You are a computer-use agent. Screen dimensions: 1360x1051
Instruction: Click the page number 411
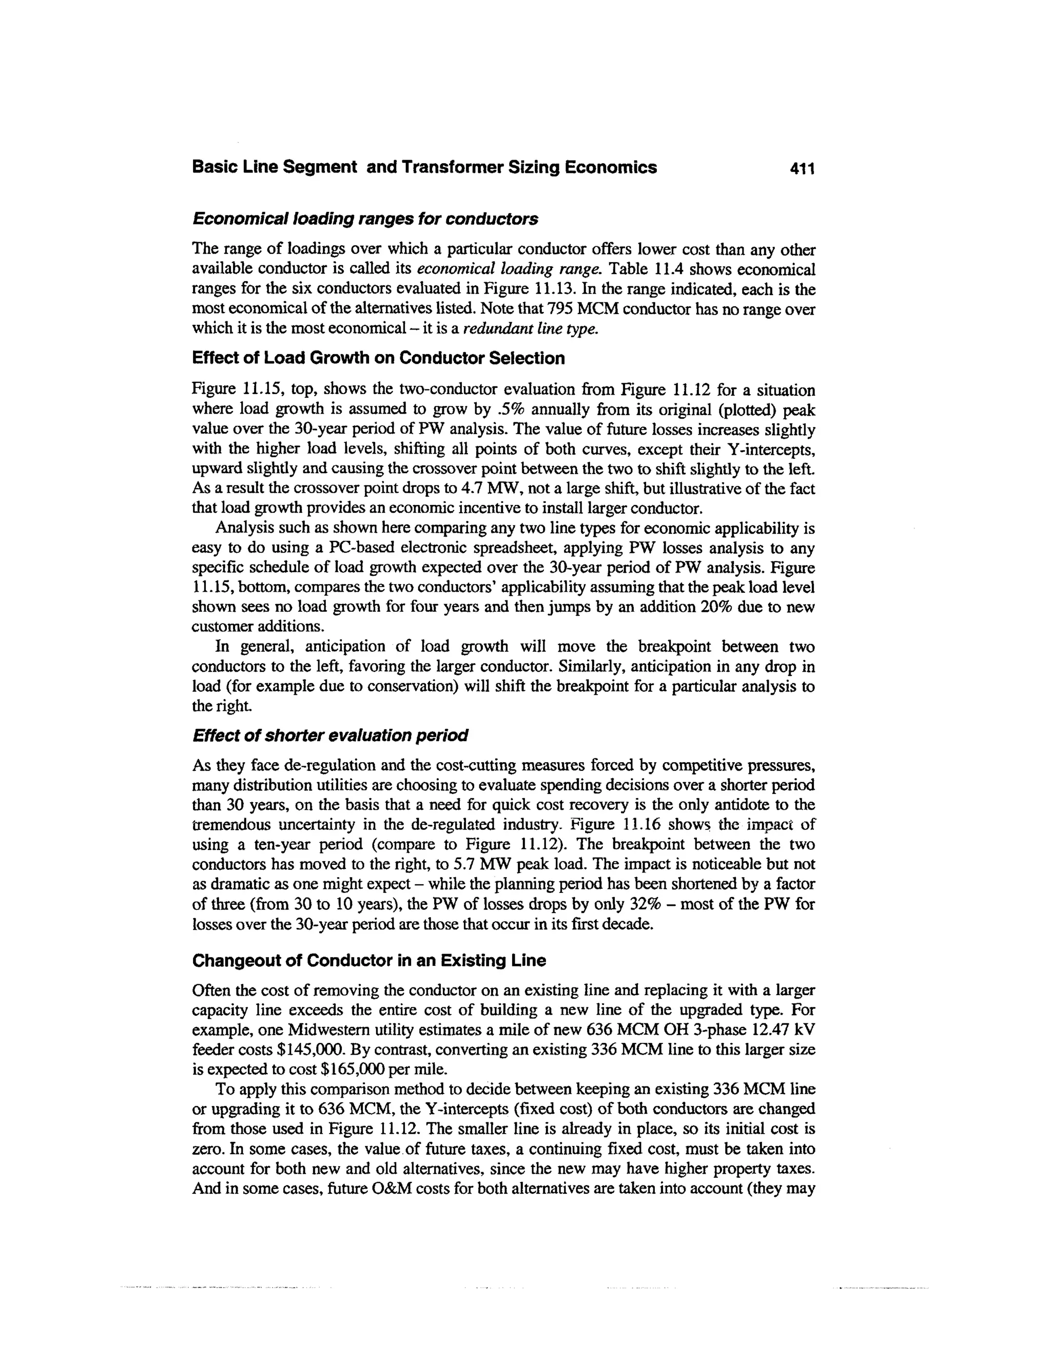[x=801, y=168]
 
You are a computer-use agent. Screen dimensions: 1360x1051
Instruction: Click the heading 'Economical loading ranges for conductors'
[x=365, y=219]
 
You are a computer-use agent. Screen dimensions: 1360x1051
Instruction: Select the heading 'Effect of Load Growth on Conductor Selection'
[x=379, y=358]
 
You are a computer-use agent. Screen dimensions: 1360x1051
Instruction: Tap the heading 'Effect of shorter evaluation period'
[x=330, y=735]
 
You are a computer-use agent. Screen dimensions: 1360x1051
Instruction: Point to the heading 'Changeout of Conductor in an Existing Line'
[x=368, y=961]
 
